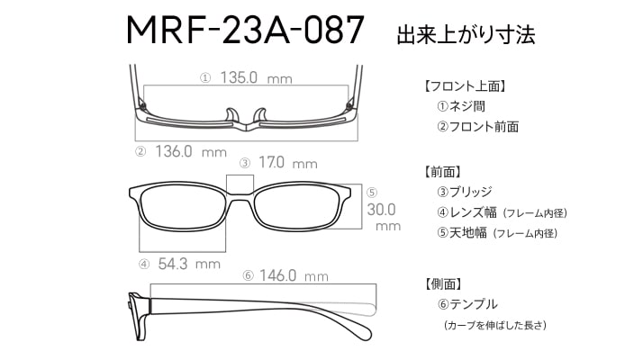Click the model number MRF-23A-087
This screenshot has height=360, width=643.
click(x=245, y=30)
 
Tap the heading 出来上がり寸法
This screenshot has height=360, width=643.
click(x=466, y=34)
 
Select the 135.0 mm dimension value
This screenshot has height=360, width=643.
click(x=257, y=77)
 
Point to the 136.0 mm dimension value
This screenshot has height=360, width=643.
click(x=191, y=152)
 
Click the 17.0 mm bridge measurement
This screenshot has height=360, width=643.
click(x=288, y=163)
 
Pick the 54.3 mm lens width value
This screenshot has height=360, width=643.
click(x=189, y=264)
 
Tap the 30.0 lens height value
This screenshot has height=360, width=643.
click(x=381, y=210)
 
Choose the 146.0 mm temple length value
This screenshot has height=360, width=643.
click(x=294, y=275)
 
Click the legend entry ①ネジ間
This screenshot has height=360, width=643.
click(x=461, y=106)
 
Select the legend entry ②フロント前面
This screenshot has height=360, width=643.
click(x=477, y=126)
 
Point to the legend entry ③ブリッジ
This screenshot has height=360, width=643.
click(x=465, y=192)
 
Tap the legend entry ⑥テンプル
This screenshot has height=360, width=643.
click(x=467, y=304)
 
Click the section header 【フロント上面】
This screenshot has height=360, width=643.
click(x=465, y=86)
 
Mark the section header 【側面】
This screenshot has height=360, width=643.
click(x=443, y=283)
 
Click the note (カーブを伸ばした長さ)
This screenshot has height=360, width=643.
click(x=495, y=325)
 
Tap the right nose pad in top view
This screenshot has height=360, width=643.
click(x=260, y=115)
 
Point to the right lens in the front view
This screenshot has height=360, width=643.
click(x=298, y=207)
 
